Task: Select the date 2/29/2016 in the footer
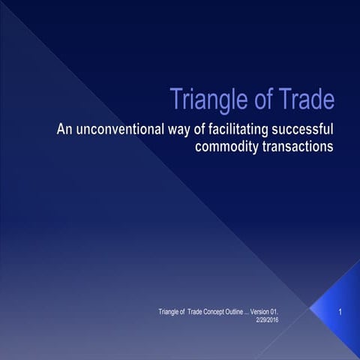click(269, 319)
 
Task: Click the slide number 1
click(340, 310)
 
